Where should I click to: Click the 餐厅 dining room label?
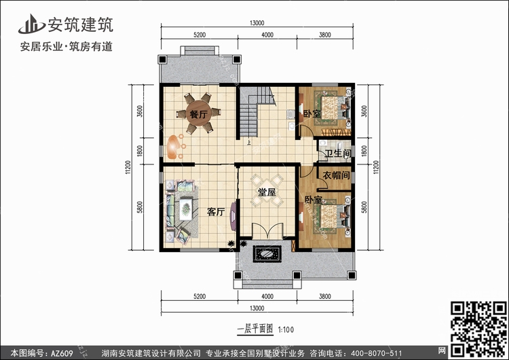[x=198, y=114]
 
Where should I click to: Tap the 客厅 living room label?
[x=216, y=212]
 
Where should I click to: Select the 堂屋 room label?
[x=267, y=192]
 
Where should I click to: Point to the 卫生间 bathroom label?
[x=338, y=153]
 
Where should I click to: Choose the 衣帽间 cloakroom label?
[x=337, y=175]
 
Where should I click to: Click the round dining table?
[x=199, y=113]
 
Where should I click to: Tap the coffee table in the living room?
[x=185, y=209]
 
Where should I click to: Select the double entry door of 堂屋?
[x=268, y=231]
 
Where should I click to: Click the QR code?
[x=478, y=329]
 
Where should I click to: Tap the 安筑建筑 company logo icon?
[x=31, y=24]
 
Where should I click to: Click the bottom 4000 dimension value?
[x=267, y=296]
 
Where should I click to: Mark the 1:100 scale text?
[x=286, y=330]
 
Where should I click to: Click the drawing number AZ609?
[x=62, y=353]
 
